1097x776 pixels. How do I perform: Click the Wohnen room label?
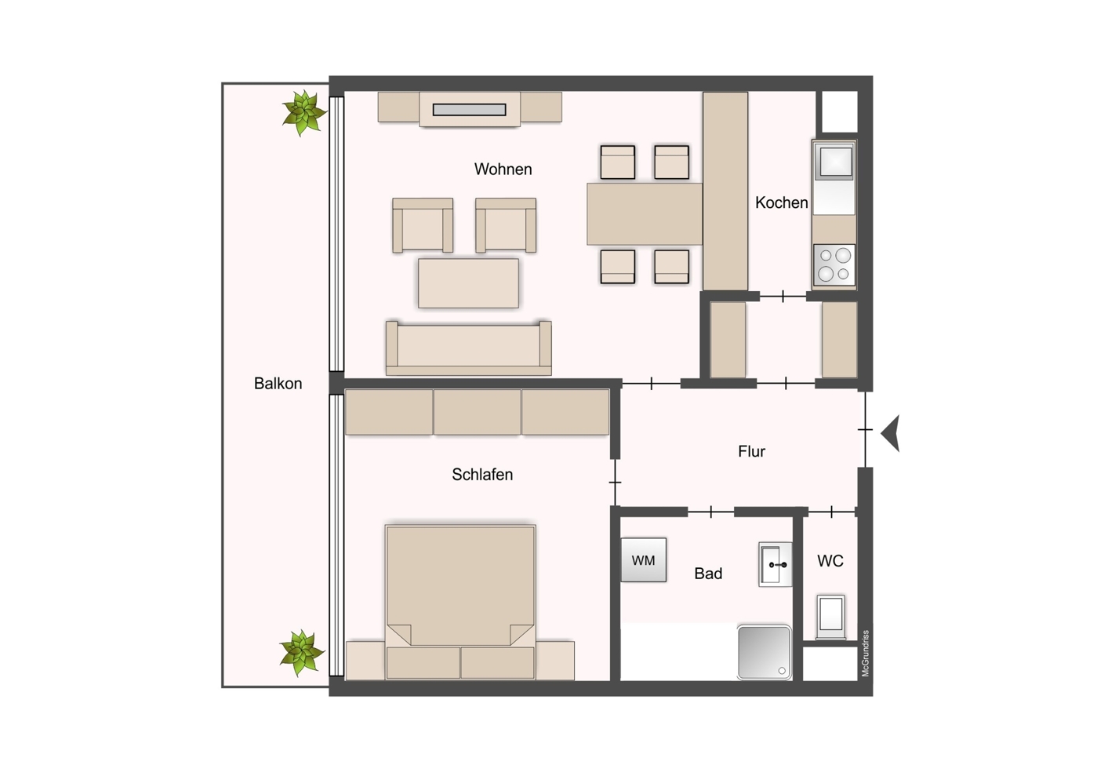tap(503, 169)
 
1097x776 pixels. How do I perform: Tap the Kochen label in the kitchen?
tap(781, 202)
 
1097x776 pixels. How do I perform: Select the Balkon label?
tap(278, 384)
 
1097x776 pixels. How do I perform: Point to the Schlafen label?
tap(482, 475)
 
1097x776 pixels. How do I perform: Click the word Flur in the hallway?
tap(751, 451)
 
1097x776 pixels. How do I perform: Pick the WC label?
tap(830, 561)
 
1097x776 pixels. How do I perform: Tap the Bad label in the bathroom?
tap(708, 574)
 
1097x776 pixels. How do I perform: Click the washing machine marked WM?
tap(644, 560)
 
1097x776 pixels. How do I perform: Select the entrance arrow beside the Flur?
tap(891, 433)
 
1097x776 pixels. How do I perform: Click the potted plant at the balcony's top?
tap(303, 112)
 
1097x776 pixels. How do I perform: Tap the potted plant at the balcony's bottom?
tap(301, 652)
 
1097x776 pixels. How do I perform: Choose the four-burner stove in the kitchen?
tap(834, 264)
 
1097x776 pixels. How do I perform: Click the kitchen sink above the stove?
tap(834, 162)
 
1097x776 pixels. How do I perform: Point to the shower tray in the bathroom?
tap(765, 652)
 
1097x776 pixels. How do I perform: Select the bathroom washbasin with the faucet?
tap(775, 565)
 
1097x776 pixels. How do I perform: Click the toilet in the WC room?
tap(830, 615)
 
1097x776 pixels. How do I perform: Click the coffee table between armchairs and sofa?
tap(468, 283)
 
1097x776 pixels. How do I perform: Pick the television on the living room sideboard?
tap(469, 110)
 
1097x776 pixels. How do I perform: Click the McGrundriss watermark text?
tap(866, 653)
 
